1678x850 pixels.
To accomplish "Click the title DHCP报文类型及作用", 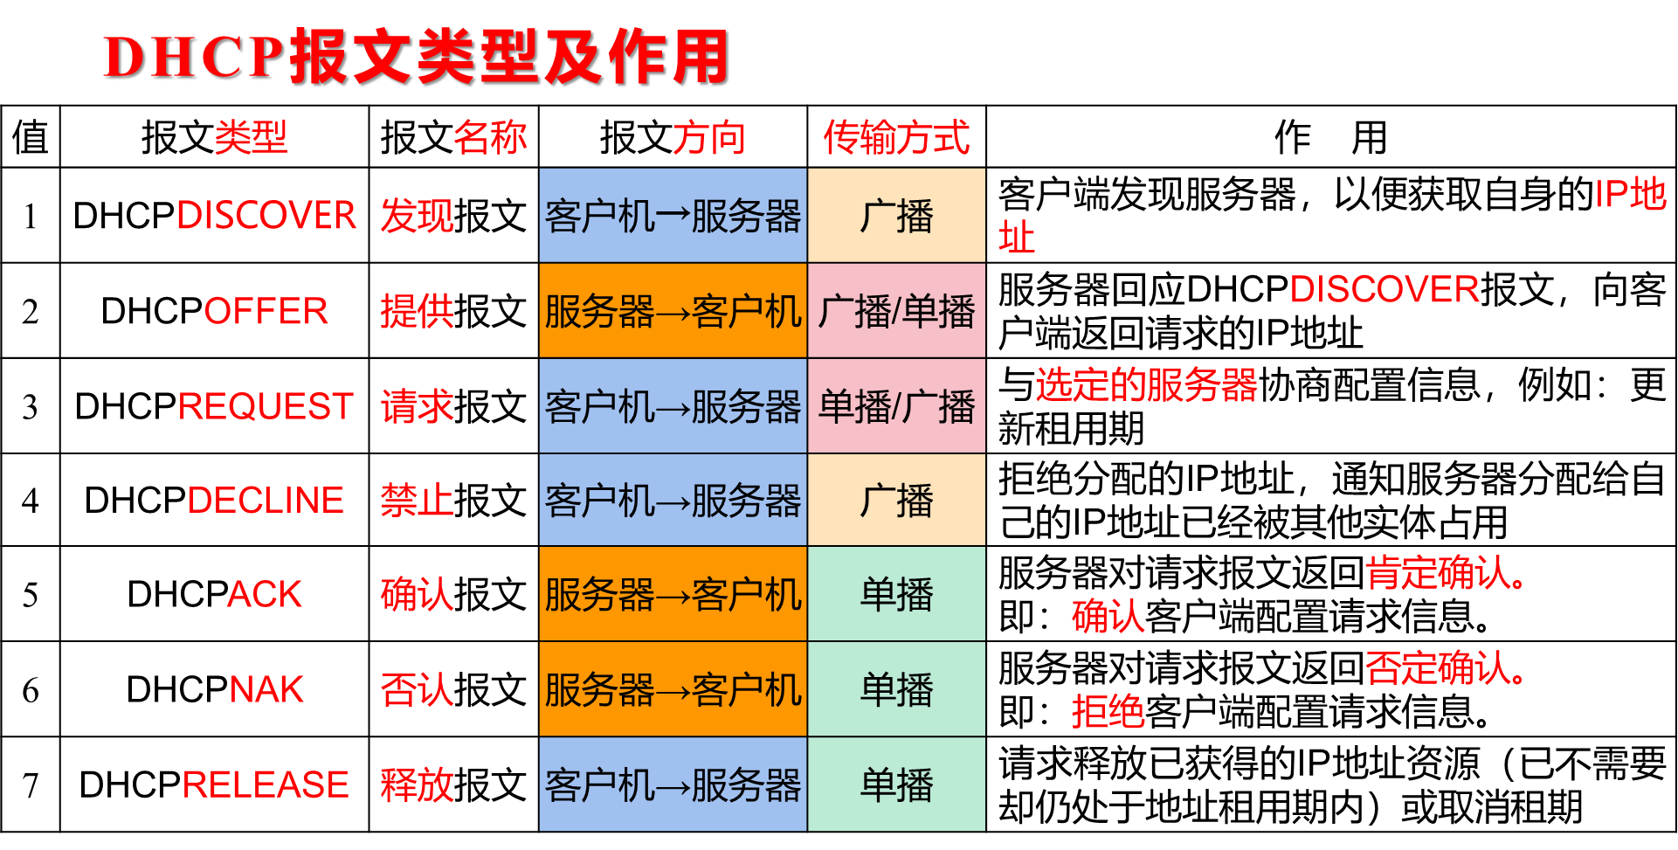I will [415, 57].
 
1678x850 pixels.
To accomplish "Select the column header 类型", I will [251, 138].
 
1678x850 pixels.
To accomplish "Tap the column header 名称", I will [490, 138].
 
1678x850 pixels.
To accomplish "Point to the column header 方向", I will [708, 138].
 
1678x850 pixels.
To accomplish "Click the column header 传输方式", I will [896, 138].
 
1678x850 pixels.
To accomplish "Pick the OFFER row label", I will [266, 311].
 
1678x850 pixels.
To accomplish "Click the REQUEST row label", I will [266, 406].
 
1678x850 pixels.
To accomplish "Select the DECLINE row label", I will [266, 501].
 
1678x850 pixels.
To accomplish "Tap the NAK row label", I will [266, 689].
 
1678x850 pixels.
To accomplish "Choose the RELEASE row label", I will [266, 784].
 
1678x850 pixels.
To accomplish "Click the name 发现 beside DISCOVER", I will [417, 216].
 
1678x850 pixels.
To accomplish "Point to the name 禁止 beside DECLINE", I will [417, 501].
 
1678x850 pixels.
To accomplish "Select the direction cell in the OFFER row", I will [673, 311].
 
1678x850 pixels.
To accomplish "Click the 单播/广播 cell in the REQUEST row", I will [896, 406].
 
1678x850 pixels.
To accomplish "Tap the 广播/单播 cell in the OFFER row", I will [896, 311].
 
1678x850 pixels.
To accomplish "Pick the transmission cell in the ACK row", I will [896, 594].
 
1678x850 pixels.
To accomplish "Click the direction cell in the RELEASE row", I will [673, 784].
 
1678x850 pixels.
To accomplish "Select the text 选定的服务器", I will [1146, 385].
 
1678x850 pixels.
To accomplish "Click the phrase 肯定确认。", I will [1445, 573].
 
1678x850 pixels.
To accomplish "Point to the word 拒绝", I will [1108, 711].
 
